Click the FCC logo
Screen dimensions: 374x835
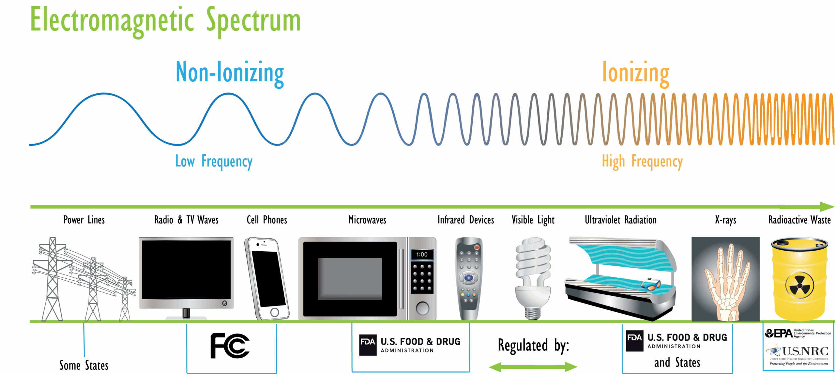pyautogui.click(x=230, y=346)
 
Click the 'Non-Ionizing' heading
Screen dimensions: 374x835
pyautogui.click(x=230, y=72)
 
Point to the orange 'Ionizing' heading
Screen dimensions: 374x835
pyautogui.click(x=635, y=72)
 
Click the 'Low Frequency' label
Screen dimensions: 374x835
pyautogui.click(x=214, y=161)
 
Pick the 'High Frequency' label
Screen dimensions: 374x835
pyautogui.click(x=642, y=161)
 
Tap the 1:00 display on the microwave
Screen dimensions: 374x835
pyautogui.click(x=422, y=255)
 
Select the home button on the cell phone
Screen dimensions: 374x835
pyautogui.click(x=275, y=312)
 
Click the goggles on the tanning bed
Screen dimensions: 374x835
pyautogui.click(x=651, y=285)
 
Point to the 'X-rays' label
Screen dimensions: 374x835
pyautogui.click(x=725, y=220)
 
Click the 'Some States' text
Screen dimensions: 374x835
pyautogui.click(x=84, y=365)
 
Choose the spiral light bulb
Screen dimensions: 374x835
pyautogui.click(x=533, y=277)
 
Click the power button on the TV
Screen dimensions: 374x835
pyautogui.click(x=224, y=304)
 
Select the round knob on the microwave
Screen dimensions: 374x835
pyautogui.click(x=422, y=308)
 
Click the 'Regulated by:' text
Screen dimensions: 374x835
pyautogui.click(x=533, y=345)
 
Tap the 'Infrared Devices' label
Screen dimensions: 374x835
pyautogui.click(x=465, y=220)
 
